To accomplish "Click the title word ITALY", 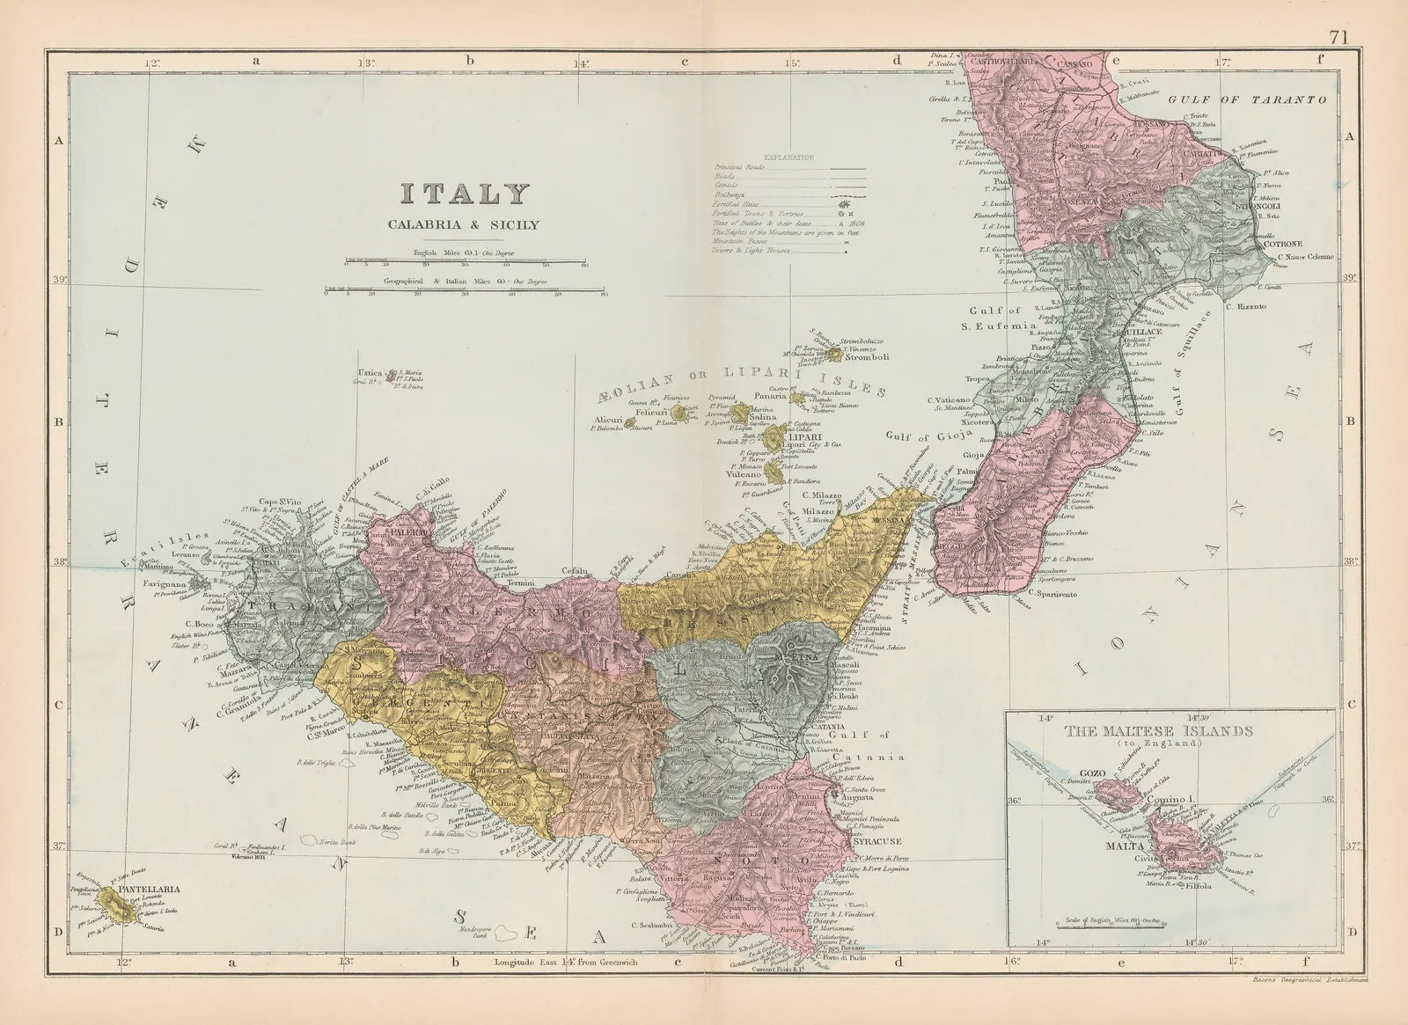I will pyautogui.click(x=466, y=195).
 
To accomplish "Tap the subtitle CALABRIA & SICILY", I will pyautogui.click(x=465, y=224).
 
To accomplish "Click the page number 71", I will pyautogui.click(x=1339, y=12).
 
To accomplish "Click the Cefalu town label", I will pyautogui.click(x=574, y=569).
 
